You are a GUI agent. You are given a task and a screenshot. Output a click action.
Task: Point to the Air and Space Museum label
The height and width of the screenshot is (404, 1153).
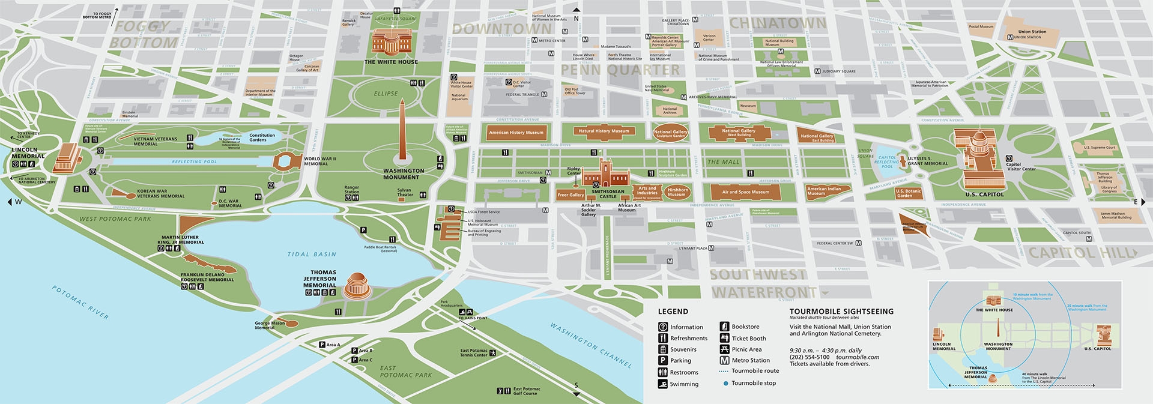(745, 192)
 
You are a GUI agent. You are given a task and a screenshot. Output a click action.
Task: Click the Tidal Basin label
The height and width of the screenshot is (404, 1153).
(312, 255)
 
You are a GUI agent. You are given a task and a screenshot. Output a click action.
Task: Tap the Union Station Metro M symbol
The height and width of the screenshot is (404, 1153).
(1010, 37)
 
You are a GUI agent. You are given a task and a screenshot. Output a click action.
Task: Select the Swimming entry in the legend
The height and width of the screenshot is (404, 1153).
(684, 384)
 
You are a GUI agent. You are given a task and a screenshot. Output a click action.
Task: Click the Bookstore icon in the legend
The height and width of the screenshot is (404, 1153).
(724, 327)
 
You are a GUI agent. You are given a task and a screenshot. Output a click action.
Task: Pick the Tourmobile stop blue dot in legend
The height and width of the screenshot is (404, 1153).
(725, 383)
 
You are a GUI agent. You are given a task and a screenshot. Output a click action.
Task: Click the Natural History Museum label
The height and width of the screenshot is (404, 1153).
(604, 131)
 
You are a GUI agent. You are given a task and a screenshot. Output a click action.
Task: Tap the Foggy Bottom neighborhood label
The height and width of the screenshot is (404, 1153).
(143, 35)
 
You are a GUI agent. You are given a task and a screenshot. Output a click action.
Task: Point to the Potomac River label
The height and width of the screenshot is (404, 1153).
(80, 303)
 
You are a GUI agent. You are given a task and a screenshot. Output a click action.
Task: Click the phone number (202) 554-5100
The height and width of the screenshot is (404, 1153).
(809, 357)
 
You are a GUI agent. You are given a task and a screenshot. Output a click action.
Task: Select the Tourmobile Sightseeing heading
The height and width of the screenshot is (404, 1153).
(841, 312)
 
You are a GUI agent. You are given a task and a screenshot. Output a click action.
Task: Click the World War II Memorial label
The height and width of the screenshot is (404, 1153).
(319, 161)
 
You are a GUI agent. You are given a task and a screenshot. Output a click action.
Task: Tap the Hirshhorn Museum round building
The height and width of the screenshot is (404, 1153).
(677, 192)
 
